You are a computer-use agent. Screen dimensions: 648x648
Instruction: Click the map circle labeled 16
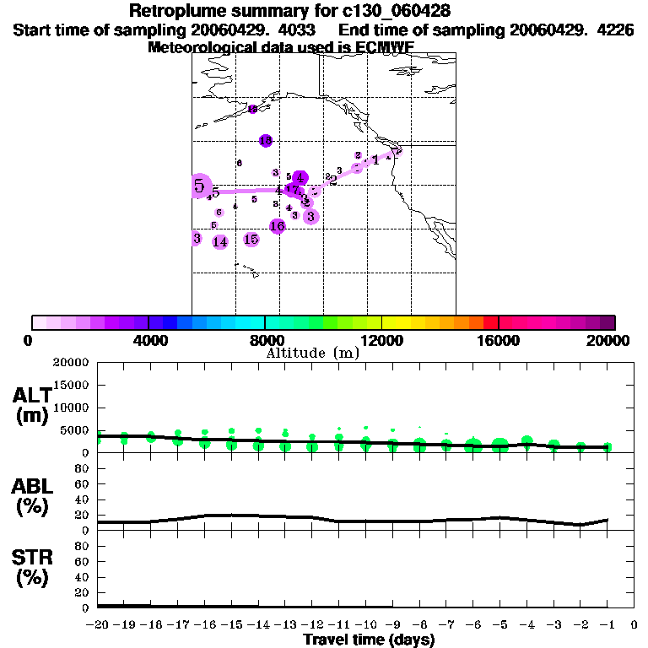[x=278, y=225]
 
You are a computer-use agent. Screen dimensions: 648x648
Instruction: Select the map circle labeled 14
[x=220, y=242]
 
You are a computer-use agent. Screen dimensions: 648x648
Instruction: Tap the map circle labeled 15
[x=251, y=240]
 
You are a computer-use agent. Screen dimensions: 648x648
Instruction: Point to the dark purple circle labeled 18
[x=266, y=140]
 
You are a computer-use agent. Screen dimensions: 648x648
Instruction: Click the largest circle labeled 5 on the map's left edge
[x=200, y=186]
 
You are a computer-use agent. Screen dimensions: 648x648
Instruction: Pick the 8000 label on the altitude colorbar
[x=264, y=340]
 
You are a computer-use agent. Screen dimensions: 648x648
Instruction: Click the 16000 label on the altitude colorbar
[x=499, y=340]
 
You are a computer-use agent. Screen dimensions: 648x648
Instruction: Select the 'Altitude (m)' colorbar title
[x=312, y=353]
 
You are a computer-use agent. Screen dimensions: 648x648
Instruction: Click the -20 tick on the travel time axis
[x=99, y=625]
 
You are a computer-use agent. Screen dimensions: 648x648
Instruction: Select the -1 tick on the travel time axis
[x=607, y=625]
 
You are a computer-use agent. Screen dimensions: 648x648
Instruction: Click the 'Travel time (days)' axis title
[x=369, y=640]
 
